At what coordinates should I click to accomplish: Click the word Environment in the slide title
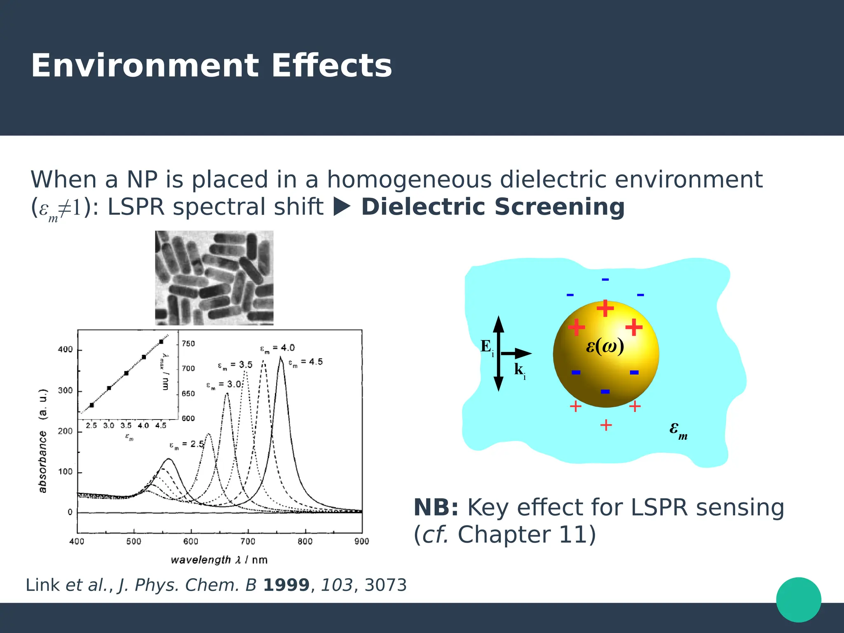(x=145, y=66)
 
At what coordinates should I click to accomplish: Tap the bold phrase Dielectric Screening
(x=493, y=207)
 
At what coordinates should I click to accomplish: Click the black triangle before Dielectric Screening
(x=341, y=207)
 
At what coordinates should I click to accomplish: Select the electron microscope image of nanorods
(x=214, y=278)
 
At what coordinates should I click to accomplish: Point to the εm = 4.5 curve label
(x=305, y=362)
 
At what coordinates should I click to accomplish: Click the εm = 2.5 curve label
(x=187, y=445)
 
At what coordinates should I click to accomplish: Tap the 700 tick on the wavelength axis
(x=248, y=542)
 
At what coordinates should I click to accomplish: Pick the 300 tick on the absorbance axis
(x=65, y=390)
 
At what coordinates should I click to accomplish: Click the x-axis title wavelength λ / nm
(x=219, y=560)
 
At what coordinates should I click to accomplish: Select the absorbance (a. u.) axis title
(x=43, y=441)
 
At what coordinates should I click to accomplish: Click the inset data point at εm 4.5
(x=161, y=342)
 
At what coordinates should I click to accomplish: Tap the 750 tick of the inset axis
(x=188, y=344)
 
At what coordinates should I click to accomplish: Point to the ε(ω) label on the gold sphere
(x=605, y=346)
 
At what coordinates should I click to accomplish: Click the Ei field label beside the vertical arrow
(x=487, y=347)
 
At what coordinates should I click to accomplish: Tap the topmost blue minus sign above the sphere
(x=605, y=280)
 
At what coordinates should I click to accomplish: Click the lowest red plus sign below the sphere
(x=605, y=425)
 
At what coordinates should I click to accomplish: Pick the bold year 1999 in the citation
(x=286, y=585)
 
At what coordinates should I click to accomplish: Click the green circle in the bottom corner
(x=798, y=600)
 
